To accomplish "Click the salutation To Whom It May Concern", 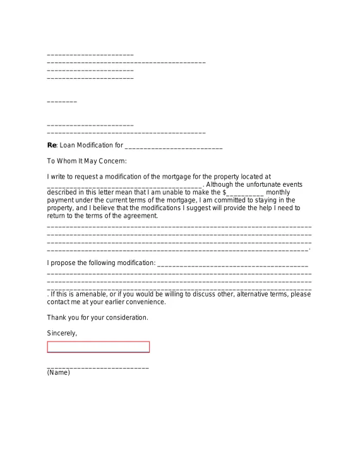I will pos(87,161).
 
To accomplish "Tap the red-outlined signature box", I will pos(99,347).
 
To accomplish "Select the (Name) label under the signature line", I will pos(59,373).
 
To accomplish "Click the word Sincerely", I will pos(62,333).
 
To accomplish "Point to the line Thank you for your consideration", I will pos(97,317).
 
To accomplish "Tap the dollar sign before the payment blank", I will pos(224,192).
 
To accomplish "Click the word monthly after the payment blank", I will pos(279,192).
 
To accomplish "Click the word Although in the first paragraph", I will pos(220,184).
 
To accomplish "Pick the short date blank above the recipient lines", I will pos(62,102).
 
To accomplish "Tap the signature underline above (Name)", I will pos(98,367).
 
